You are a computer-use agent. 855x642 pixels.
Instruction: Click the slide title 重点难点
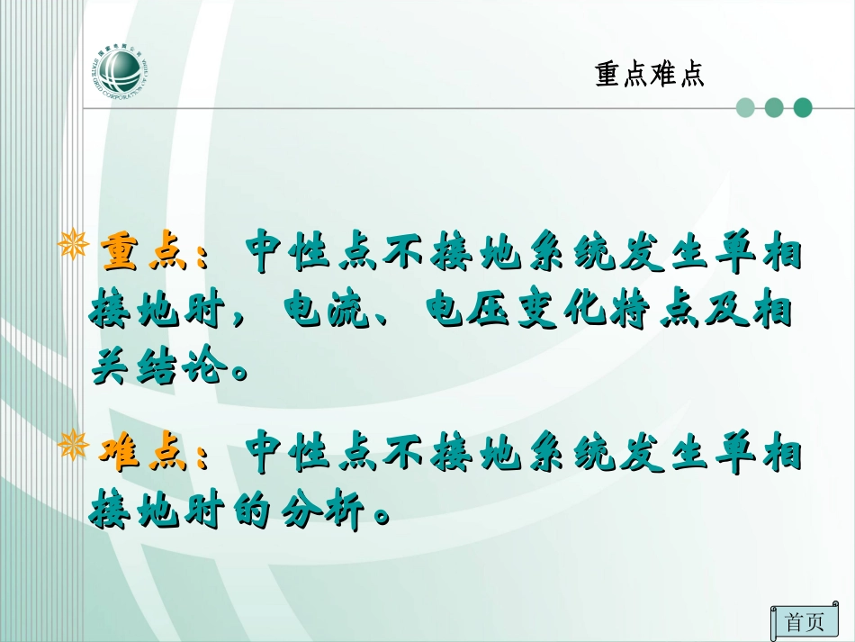[x=649, y=74]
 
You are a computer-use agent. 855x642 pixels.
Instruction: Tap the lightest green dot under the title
[x=745, y=108]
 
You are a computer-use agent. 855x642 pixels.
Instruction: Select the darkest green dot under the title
[x=802, y=108]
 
